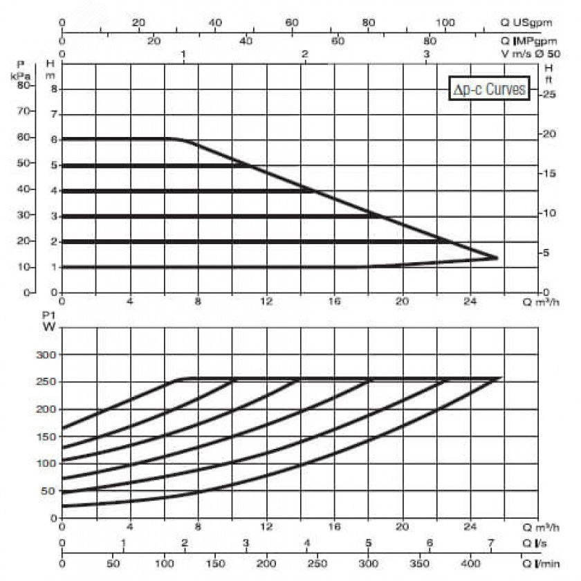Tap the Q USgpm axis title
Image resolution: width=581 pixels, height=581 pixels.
[528, 23]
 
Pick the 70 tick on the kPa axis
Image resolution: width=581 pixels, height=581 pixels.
[25, 111]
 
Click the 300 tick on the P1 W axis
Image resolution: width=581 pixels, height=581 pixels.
[45, 355]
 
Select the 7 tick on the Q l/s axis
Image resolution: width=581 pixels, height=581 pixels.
[490, 542]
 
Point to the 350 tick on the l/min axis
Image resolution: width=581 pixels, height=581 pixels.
[428, 559]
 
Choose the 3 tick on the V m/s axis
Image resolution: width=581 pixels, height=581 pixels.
[427, 53]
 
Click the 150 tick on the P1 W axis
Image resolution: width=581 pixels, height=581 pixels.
[45, 436]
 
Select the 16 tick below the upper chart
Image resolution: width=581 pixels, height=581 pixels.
[334, 301]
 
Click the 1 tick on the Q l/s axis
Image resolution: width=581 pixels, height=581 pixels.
[123, 542]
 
